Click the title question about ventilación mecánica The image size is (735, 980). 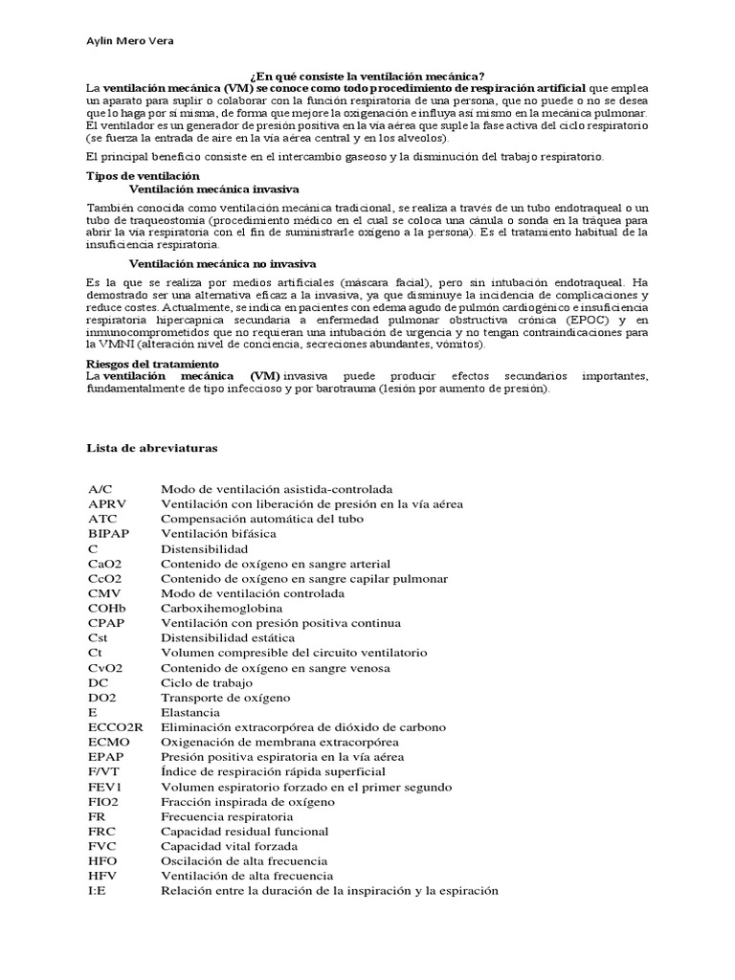pyautogui.click(x=367, y=76)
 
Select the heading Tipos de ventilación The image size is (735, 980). pyautogui.click(x=143, y=176)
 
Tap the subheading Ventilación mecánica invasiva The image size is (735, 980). pyautogui.click(x=213, y=189)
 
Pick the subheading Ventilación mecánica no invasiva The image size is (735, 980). pyautogui.click(x=223, y=263)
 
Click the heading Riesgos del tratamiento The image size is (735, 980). pyautogui.click(x=153, y=365)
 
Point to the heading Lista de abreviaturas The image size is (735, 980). pyautogui.click(x=152, y=447)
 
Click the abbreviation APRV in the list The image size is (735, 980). pyautogui.click(x=106, y=503)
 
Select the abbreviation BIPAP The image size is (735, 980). pyautogui.click(x=108, y=533)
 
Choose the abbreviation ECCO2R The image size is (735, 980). pyautogui.click(x=114, y=727)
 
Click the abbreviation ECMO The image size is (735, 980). pyautogui.click(x=106, y=742)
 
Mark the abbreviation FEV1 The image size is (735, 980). pyautogui.click(x=104, y=787)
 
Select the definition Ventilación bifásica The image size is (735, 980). pyautogui.click(x=218, y=533)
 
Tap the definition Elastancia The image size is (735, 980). pyautogui.click(x=190, y=712)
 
